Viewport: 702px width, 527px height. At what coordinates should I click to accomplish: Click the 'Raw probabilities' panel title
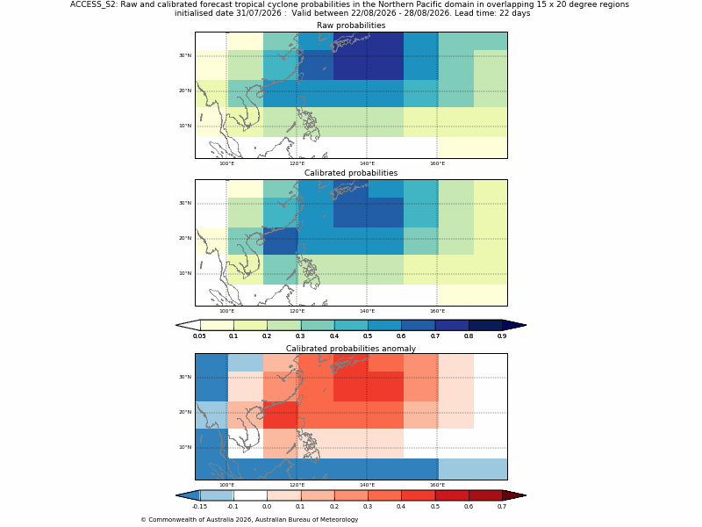(x=351, y=25)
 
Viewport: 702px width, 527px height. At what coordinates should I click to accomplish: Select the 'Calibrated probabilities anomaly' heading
(x=351, y=349)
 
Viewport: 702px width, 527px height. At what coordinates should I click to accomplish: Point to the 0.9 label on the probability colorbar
(x=502, y=336)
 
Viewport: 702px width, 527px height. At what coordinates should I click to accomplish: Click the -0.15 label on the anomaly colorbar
(x=199, y=507)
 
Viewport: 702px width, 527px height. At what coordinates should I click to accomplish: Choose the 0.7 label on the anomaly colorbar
(x=502, y=507)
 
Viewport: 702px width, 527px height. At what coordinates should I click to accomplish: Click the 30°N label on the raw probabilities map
(x=185, y=55)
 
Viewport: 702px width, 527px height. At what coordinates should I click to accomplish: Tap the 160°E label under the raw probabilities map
(x=437, y=163)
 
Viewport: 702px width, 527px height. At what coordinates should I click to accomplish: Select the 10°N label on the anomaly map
(x=185, y=447)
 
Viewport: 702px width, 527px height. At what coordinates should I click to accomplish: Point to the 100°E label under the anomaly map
(x=226, y=485)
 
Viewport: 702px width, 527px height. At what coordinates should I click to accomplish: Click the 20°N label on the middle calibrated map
(x=185, y=238)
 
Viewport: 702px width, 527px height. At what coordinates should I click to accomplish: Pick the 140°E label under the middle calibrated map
(x=367, y=311)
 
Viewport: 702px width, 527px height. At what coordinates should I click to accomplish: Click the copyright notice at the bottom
(x=249, y=519)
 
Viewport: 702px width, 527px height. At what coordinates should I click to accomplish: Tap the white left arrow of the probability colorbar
(x=188, y=325)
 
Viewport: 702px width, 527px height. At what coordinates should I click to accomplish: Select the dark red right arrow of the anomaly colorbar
(x=514, y=495)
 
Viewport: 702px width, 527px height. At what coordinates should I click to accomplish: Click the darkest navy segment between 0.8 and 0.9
(x=485, y=325)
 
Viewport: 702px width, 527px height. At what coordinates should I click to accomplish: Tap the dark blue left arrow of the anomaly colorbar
(x=188, y=495)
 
